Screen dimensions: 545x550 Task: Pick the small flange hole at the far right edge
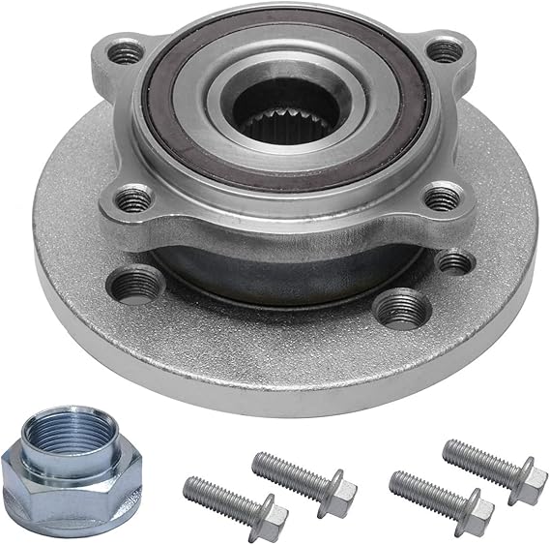[454, 261]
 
